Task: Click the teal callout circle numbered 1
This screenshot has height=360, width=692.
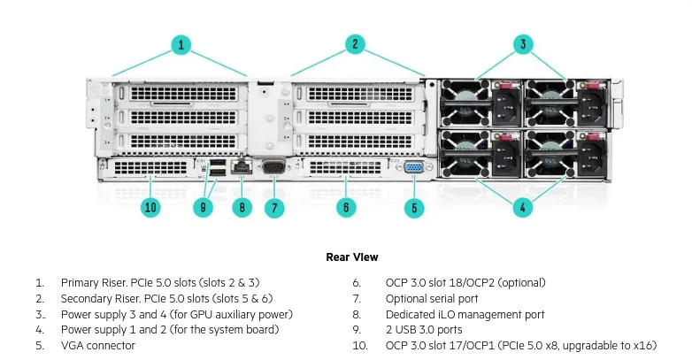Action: click(181, 44)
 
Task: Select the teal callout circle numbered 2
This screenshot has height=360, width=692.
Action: click(355, 44)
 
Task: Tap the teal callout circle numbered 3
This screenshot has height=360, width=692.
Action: click(523, 44)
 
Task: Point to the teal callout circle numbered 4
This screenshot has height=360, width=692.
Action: click(523, 208)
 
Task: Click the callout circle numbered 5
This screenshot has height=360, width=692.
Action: click(414, 208)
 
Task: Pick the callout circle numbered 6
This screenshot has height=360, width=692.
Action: click(345, 208)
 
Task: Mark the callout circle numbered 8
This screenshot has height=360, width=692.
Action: click(240, 208)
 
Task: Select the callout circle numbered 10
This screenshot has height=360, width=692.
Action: click(150, 208)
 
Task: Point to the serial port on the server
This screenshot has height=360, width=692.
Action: click(273, 166)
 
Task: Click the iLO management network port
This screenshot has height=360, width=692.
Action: click(240, 165)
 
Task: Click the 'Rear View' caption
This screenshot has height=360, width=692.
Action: click(352, 257)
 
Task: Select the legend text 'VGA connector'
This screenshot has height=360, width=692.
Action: click(98, 345)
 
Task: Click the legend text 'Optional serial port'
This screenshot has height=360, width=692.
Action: click(432, 298)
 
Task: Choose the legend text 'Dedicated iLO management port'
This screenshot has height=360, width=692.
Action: click(465, 314)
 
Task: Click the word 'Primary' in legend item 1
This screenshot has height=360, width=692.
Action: click(81, 283)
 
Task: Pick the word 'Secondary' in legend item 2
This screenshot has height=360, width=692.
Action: click(87, 298)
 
